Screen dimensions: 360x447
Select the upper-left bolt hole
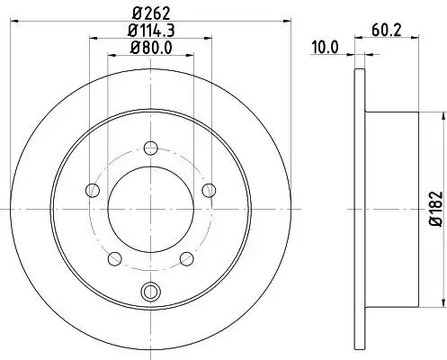click(91, 189)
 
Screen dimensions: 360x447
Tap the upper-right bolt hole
click(209, 189)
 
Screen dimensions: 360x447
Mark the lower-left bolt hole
click(113, 258)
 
